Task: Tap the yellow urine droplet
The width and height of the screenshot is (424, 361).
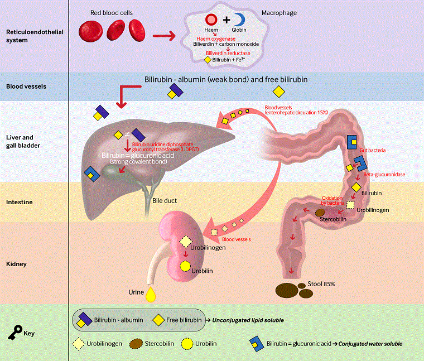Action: click(150, 295)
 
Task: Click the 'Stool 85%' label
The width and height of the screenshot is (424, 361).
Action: click(321, 284)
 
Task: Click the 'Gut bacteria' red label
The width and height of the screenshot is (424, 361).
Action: click(373, 151)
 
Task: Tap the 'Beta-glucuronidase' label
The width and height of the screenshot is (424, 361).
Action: click(384, 175)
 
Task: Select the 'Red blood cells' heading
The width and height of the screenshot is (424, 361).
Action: click(112, 12)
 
